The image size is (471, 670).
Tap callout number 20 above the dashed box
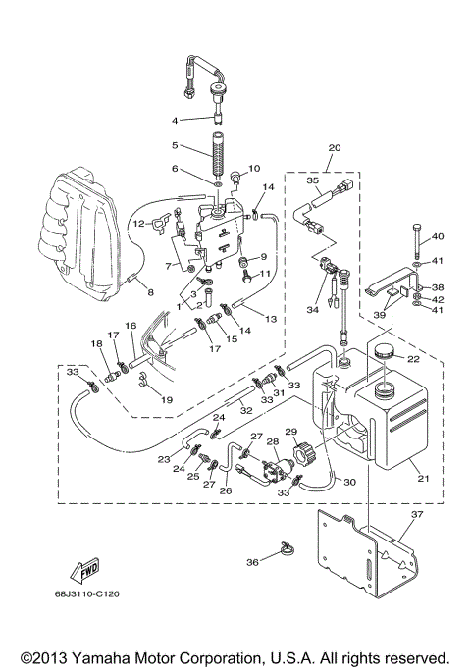pos(334,147)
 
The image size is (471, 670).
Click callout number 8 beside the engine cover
pos(150,291)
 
